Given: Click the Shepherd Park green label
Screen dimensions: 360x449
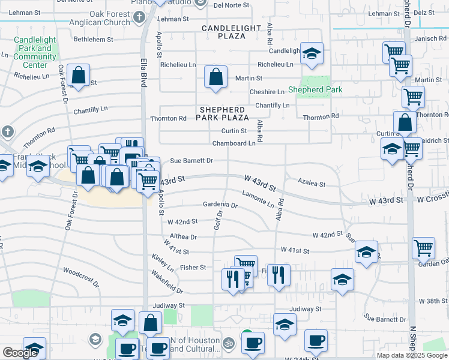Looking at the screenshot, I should click(315, 89).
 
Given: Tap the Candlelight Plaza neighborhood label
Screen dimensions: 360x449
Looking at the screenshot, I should click(232, 32).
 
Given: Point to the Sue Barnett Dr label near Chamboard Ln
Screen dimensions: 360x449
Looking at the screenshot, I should click(191, 161).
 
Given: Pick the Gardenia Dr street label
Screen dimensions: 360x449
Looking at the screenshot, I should click(220, 205).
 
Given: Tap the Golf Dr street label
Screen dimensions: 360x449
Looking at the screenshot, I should click(218, 220).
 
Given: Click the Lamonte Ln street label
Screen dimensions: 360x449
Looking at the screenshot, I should click(258, 196).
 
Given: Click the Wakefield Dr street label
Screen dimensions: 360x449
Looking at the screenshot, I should click(166, 286).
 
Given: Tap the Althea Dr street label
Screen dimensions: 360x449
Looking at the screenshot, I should click(183, 237).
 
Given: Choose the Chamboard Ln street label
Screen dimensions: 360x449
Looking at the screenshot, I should click(234, 143).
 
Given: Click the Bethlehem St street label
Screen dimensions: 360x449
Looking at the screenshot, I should click(93, 40).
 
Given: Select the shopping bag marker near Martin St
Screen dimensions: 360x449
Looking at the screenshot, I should click(215, 77).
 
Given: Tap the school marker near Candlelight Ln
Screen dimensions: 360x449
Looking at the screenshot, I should click(312, 53).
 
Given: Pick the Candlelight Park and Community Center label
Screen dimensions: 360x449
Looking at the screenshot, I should click(34, 52).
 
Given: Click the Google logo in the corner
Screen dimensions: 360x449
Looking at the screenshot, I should click(20, 353).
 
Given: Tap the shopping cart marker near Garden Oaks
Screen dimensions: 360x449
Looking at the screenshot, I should click(423, 247).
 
